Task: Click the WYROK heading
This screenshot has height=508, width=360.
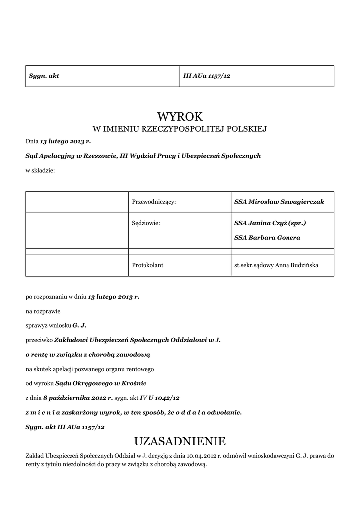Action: [180, 117]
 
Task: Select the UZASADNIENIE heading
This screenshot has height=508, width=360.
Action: [180, 441]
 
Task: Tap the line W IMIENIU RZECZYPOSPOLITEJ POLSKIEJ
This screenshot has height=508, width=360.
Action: [180, 129]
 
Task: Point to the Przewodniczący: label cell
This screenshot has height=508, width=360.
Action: [154, 202]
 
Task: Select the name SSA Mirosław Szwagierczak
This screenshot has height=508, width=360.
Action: [279, 202]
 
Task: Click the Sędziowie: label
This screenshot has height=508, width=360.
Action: [146, 223]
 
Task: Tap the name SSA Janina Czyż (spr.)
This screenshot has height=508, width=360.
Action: [270, 223]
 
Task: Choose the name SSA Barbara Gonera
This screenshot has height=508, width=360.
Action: [267, 238]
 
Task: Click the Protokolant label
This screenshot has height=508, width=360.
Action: [147, 265]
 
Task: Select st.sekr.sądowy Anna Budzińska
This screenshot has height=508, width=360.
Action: [276, 265]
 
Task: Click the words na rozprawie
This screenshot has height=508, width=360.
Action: [43, 311]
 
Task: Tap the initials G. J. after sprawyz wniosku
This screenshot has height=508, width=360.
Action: [79, 325]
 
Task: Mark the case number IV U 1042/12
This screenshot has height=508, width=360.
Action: [160, 398]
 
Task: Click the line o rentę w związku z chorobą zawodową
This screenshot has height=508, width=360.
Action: [87, 355]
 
